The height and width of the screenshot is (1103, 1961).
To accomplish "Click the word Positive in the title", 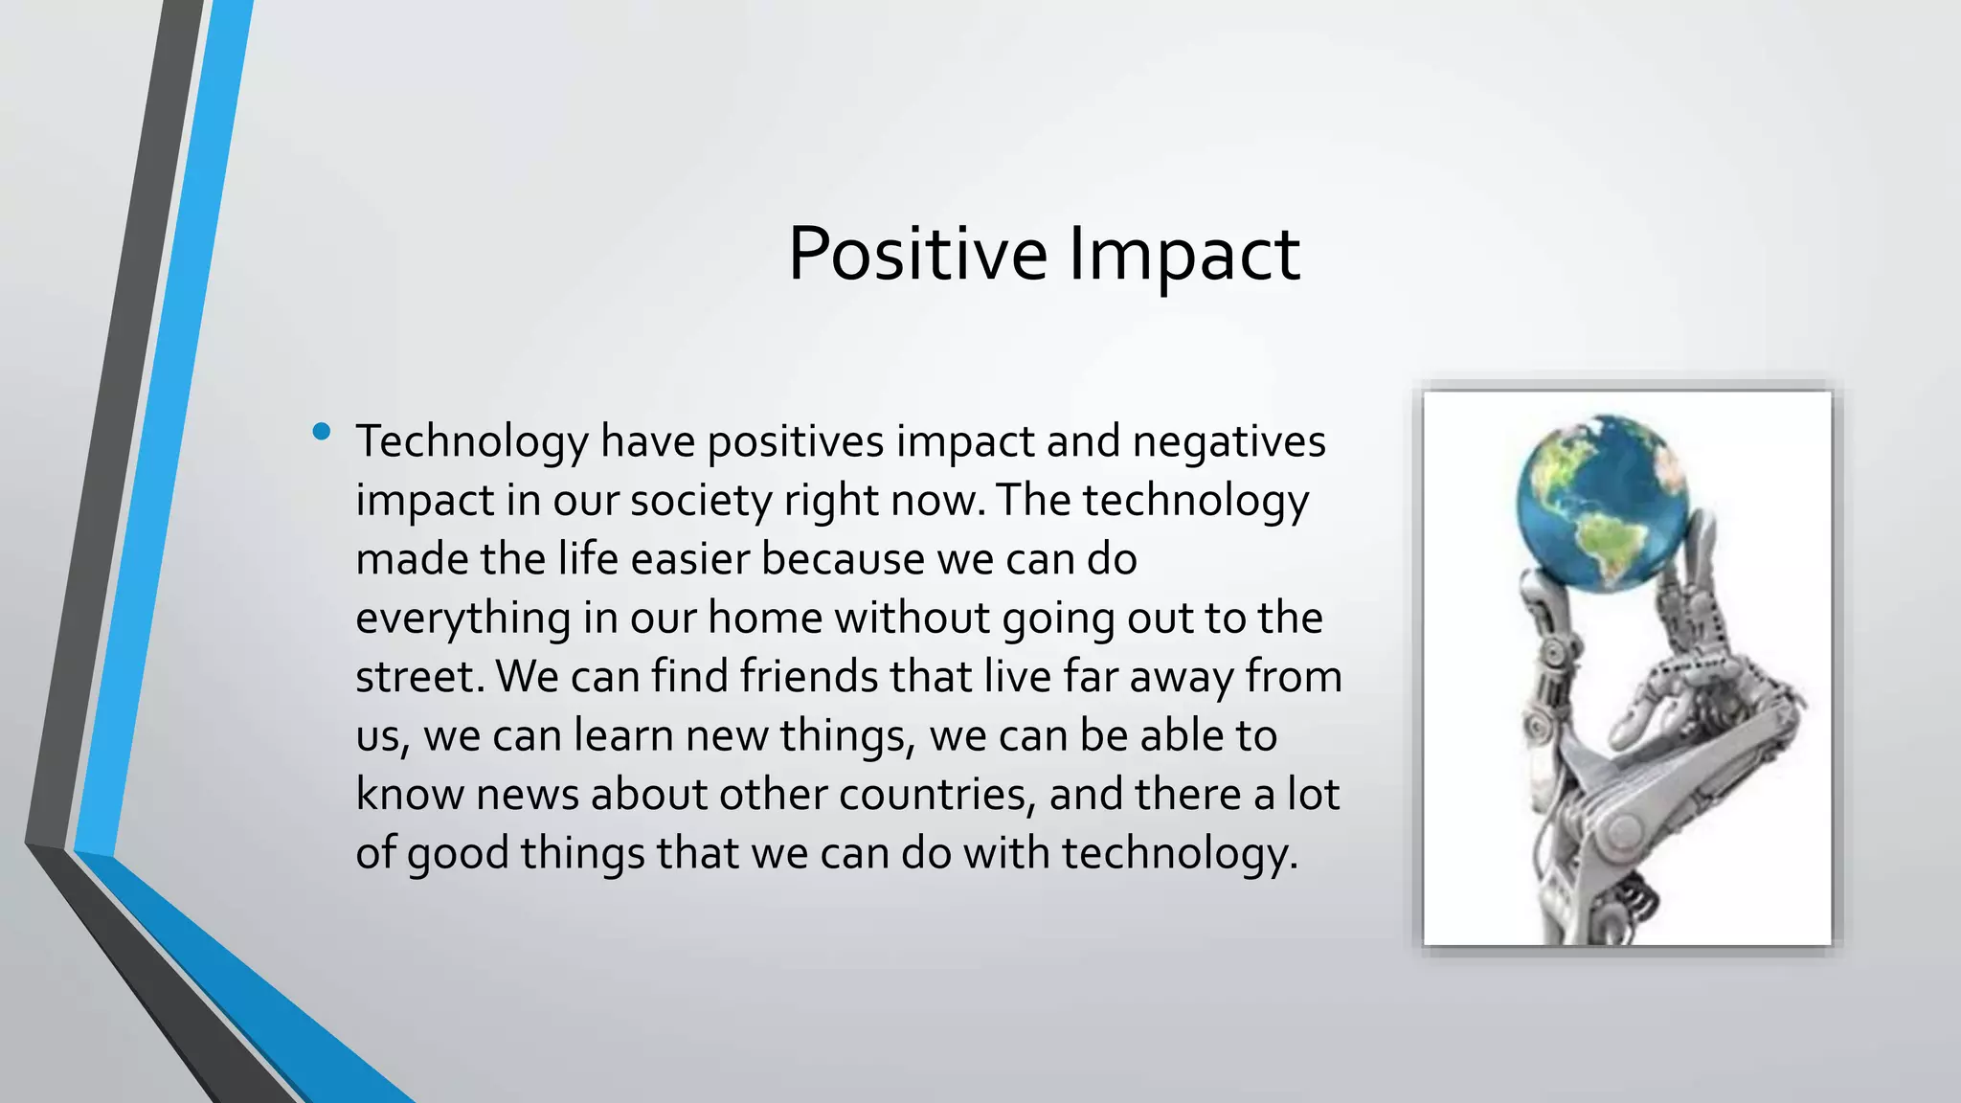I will [916, 255].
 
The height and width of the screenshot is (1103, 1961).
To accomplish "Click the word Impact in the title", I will [1183, 255].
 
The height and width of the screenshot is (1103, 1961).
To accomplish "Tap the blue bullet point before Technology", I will [322, 433].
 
